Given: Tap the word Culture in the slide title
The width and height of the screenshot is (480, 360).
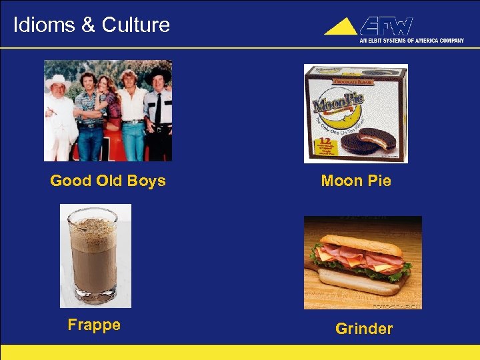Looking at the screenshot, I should (136, 25).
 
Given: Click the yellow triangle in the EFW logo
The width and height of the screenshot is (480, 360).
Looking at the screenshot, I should (341, 27).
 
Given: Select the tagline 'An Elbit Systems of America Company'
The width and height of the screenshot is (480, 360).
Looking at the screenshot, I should (411, 41).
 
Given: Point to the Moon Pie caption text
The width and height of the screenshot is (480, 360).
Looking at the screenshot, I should (356, 181).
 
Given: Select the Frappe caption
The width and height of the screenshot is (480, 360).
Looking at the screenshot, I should (94, 325).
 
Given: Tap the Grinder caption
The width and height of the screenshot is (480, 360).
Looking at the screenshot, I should (364, 329).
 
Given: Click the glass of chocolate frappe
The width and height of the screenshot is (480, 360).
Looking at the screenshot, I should (94, 253).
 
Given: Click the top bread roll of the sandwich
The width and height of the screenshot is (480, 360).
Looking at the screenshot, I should (360, 243).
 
